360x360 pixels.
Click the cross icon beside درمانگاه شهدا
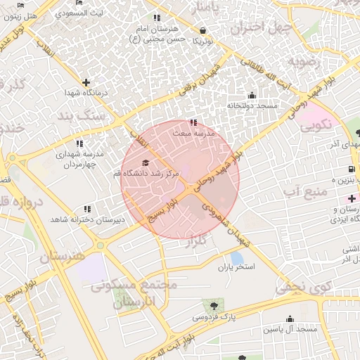(86, 82)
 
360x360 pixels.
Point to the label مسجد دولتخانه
(252, 105)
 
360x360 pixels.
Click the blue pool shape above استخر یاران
(237, 257)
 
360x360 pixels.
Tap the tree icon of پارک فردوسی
(212, 305)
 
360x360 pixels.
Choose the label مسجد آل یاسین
(289, 329)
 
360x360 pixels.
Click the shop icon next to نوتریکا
(203, 31)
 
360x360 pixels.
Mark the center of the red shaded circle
(180, 179)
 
